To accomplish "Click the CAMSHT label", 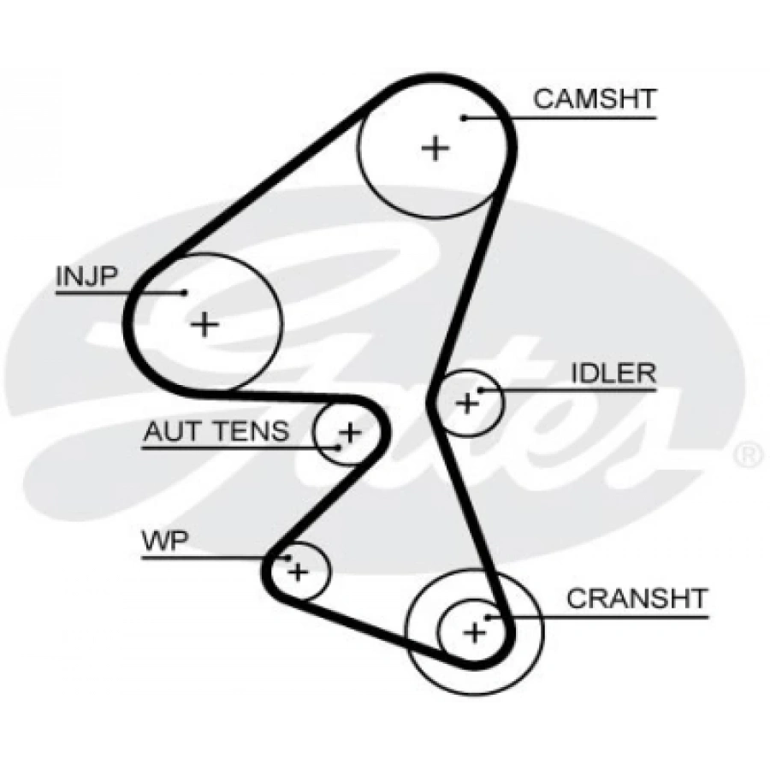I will click(x=595, y=98).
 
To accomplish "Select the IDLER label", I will click(x=613, y=373).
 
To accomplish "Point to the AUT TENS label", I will click(x=216, y=431).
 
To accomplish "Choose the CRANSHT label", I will click(x=637, y=597).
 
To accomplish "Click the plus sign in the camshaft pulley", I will click(x=435, y=148).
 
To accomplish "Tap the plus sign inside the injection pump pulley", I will click(x=204, y=324).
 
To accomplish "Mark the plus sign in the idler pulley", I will click(x=467, y=402).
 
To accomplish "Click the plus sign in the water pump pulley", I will click(x=297, y=570).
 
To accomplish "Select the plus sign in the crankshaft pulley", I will click(x=474, y=632).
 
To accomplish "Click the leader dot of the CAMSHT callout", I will click(x=463, y=117).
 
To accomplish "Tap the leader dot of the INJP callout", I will click(x=184, y=293).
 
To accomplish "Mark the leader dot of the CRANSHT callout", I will click(x=488, y=616).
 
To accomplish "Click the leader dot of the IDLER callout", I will click(x=481, y=391).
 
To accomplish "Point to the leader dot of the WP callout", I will click(x=289, y=558).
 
